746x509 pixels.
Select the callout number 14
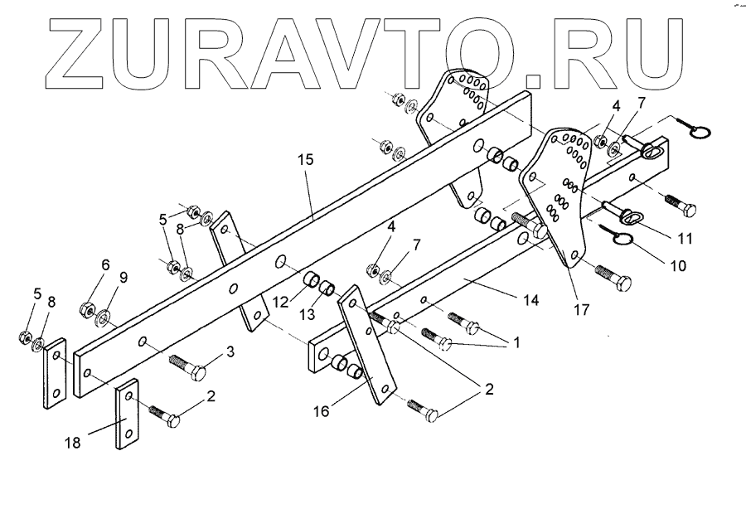click(530, 300)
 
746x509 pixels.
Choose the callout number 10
click(677, 266)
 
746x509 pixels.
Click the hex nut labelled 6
click(85, 310)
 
